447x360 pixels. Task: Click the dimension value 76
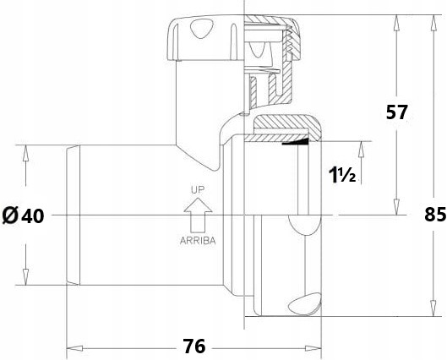(x=194, y=346)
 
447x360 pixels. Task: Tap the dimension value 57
(x=397, y=112)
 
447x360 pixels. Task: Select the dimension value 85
(x=435, y=215)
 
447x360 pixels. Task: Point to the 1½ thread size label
(x=342, y=175)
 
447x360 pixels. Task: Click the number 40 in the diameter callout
(x=33, y=215)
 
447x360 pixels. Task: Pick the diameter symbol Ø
(x=10, y=215)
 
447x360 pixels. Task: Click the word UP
(x=198, y=190)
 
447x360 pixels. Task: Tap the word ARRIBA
(x=198, y=241)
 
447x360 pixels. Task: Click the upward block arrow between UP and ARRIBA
(x=198, y=215)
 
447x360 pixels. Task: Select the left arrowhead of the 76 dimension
(x=74, y=348)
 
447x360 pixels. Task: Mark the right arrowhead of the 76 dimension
(x=313, y=348)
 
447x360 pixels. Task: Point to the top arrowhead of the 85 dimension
(x=433, y=23)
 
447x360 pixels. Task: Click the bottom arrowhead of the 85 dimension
(x=433, y=308)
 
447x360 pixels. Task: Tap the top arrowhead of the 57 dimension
(x=396, y=23)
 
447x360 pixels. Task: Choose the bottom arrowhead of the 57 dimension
(x=396, y=207)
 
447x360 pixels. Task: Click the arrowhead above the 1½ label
(x=361, y=149)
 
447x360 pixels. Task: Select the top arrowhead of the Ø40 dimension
(x=25, y=153)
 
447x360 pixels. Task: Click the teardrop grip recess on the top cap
(x=202, y=28)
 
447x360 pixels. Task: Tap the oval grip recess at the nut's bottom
(x=304, y=303)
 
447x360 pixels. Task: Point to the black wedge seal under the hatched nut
(x=296, y=142)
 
